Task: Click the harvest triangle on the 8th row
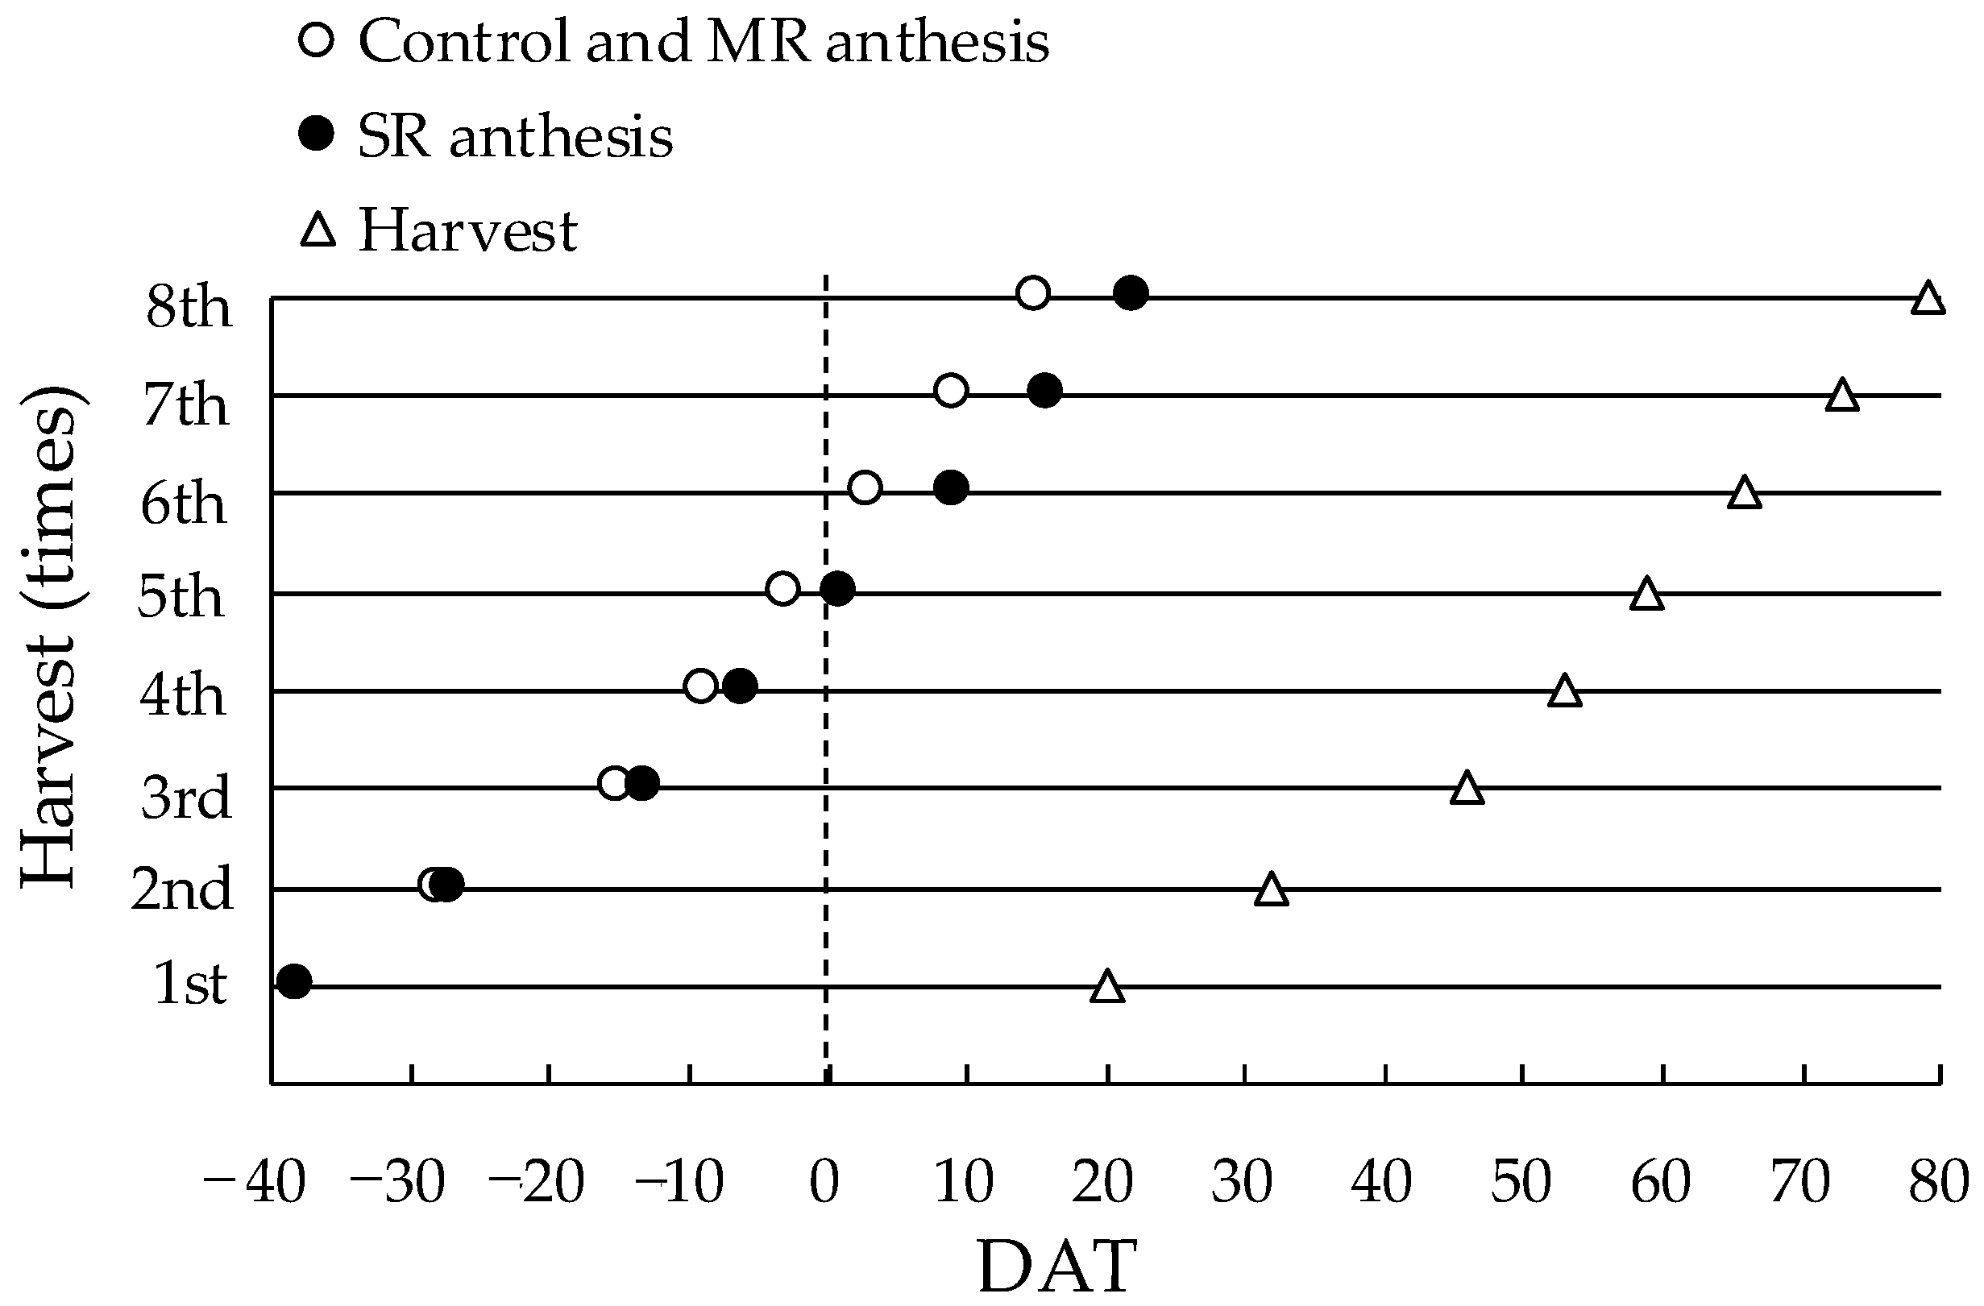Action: [x=1928, y=298]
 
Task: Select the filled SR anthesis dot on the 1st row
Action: [x=294, y=981]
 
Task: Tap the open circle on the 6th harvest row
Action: [x=865, y=487]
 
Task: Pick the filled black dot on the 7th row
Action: [x=1044, y=390]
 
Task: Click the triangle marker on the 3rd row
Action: [x=1467, y=789]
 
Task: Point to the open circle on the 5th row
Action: [x=782, y=589]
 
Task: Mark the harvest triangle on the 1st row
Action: [x=1107, y=988]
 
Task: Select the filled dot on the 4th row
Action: [x=741, y=686]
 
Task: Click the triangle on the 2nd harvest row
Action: [x=1272, y=890]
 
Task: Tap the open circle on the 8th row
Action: [x=1033, y=293]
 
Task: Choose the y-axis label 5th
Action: [x=181, y=597]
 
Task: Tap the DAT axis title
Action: [x=1057, y=1266]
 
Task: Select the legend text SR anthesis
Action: [x=515, y=136]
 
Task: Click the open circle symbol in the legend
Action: [x=316, y=40]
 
